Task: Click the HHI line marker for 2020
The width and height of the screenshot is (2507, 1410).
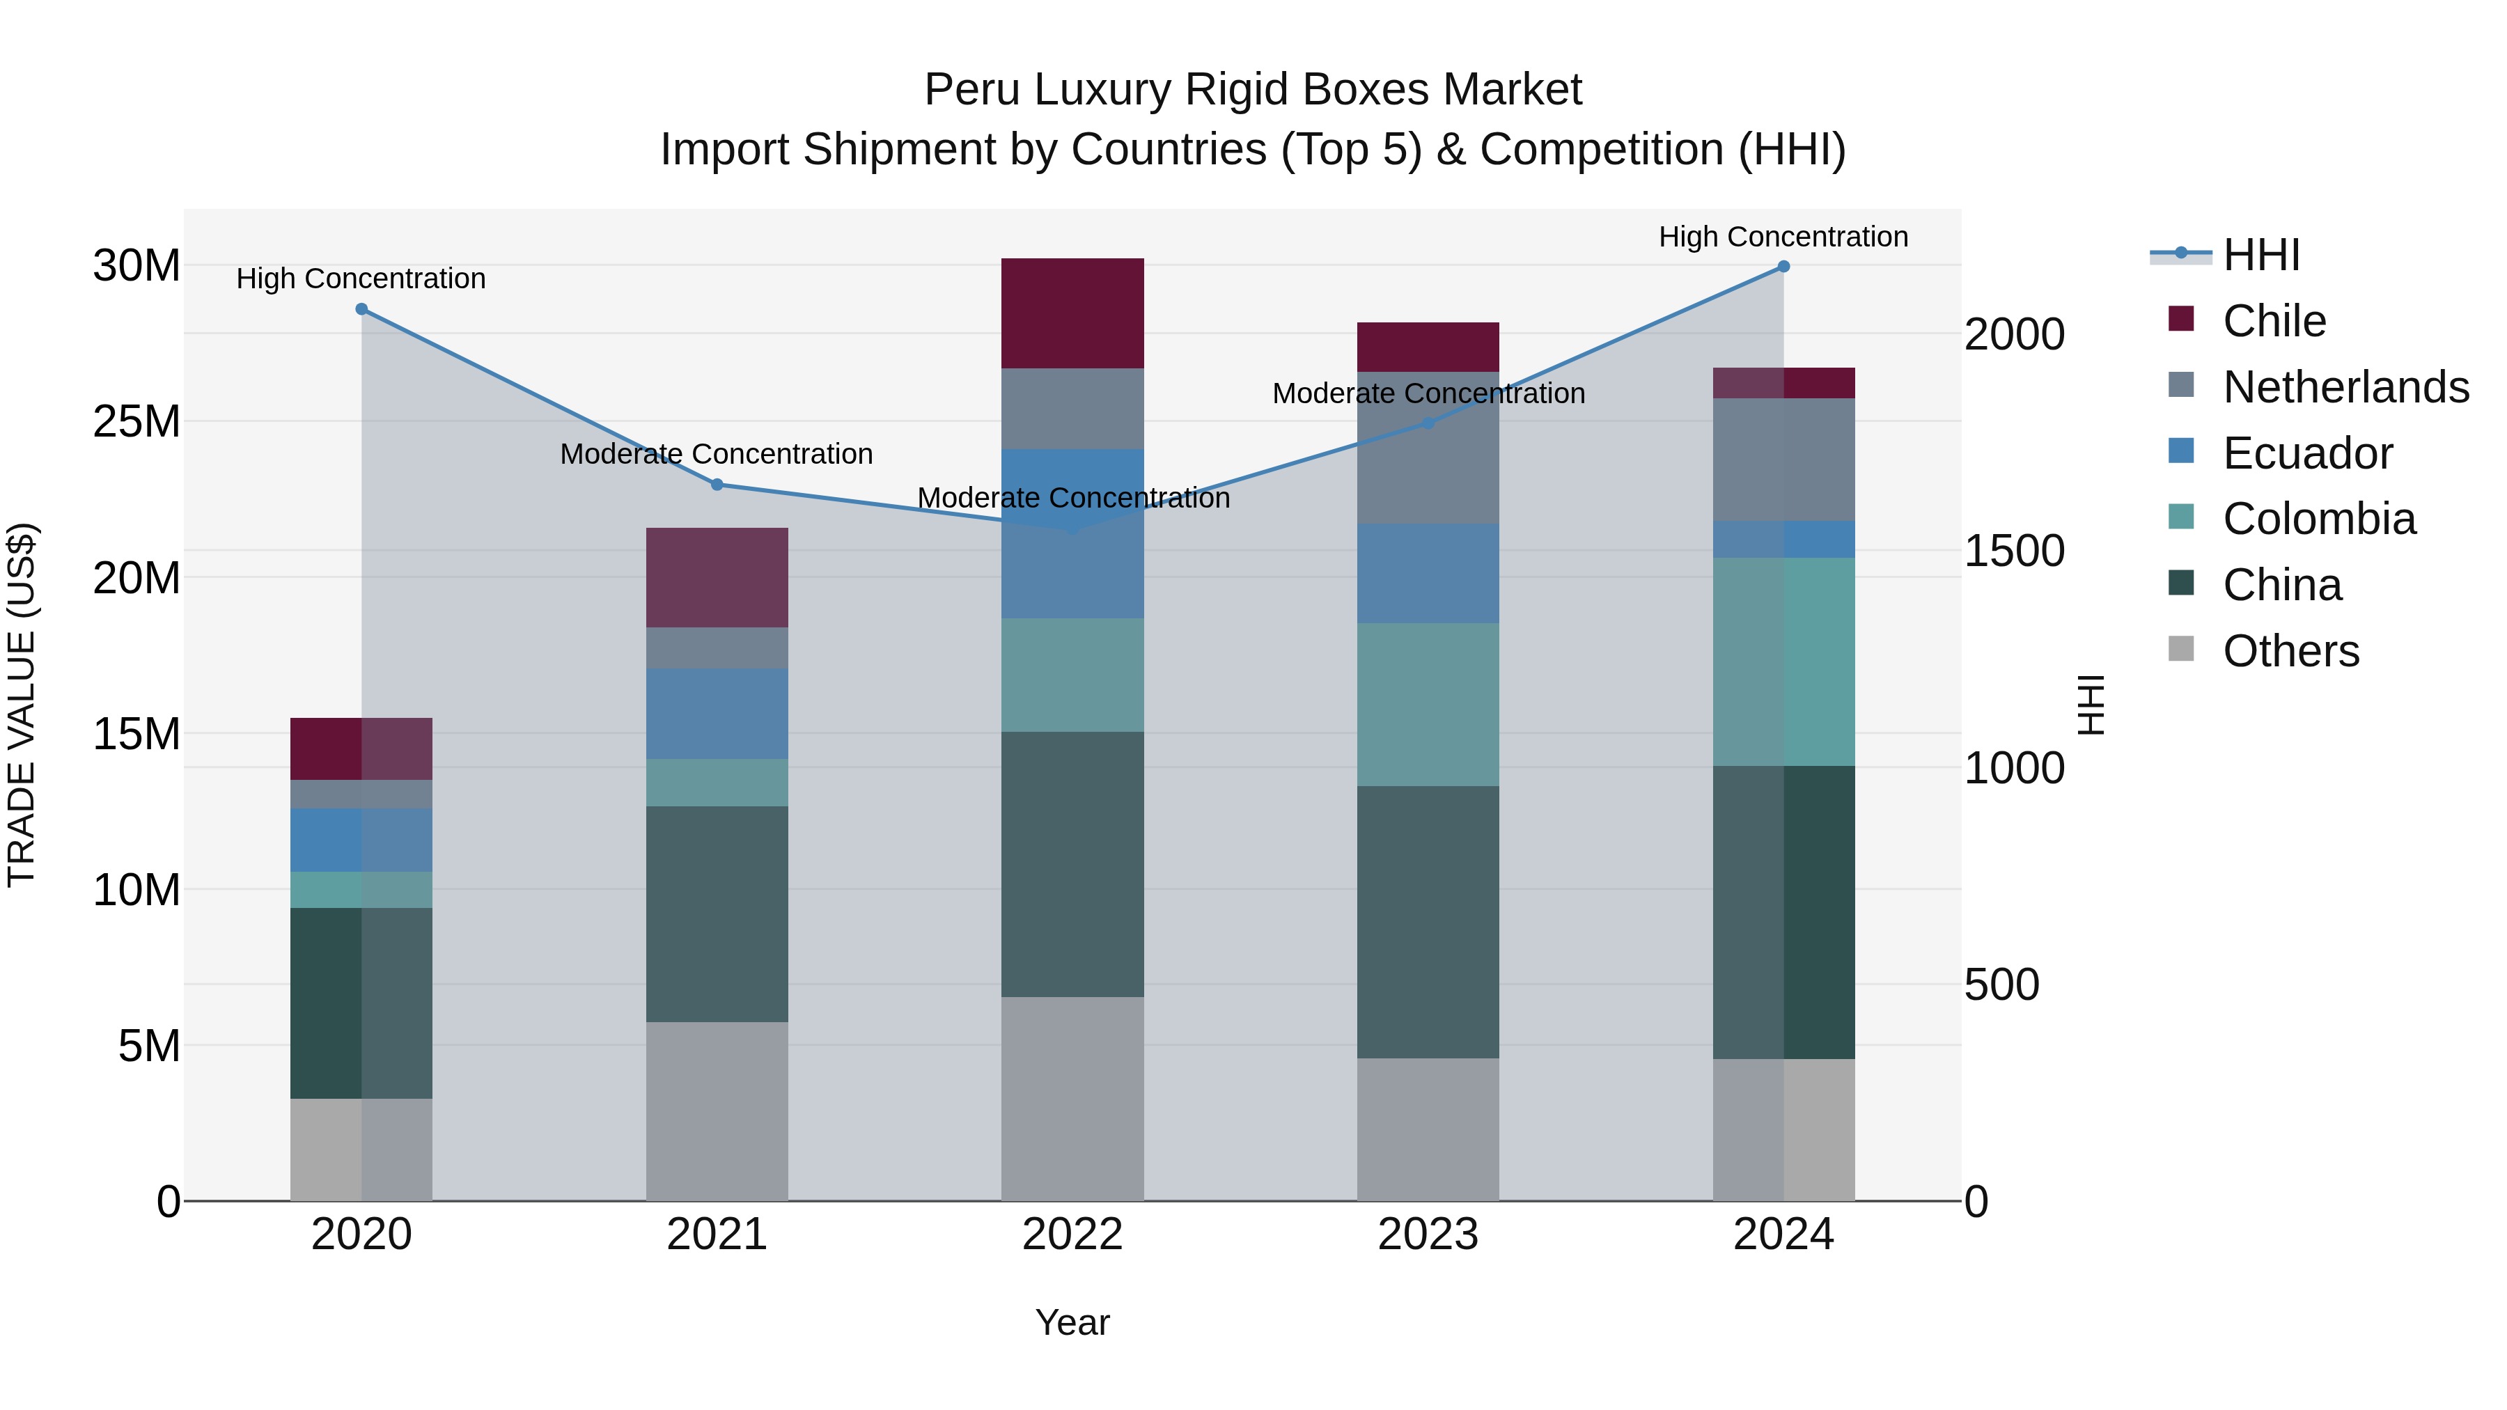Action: tap(361, 309)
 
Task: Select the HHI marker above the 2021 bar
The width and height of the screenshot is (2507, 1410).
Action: tap(717, 485)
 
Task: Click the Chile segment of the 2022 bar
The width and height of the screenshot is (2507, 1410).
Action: tap(1072, 313)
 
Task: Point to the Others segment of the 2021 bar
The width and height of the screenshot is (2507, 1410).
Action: tap(717, 1111)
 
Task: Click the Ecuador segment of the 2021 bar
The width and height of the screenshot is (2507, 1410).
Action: tap(717, 713)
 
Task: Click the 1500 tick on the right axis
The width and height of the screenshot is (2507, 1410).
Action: tap(2013, 551)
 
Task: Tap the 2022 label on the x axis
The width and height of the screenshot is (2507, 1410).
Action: tap(1072, 1235)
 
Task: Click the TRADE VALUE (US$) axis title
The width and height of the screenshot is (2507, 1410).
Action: tap(22, 705)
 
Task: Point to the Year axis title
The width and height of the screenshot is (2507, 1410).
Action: tap(1072, 1322)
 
